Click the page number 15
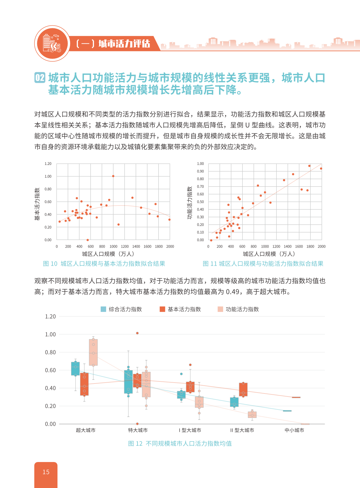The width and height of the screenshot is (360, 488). [46, 472]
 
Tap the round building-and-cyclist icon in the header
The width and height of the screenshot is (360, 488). [52, 43]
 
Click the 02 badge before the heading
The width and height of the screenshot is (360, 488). [40, 78]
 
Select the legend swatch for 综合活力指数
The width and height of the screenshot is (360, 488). [103, 309]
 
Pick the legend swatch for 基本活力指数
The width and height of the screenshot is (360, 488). [162, 309]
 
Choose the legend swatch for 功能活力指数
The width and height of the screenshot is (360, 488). [220, 309]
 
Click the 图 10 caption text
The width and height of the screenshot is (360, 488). [104, 264]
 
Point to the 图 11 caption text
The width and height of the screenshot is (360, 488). [263, 264]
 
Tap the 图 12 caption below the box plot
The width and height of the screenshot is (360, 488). [180, 443]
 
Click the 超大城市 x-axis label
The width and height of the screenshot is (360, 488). [86, 430]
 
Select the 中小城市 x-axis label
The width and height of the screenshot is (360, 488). [294, 430]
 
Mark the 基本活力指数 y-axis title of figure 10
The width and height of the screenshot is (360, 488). [37, 204]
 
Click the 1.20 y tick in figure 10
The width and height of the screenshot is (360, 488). [48, 164]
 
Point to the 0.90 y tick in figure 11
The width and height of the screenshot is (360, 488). [200, 171]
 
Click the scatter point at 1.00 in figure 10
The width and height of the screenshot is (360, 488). [113, 176]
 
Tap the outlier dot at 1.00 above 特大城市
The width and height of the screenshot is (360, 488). [137, 333]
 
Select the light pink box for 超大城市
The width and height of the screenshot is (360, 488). [93, 352]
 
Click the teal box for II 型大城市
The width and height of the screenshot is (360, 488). [234, 402]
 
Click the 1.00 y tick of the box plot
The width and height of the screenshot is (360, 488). [50, 334]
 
